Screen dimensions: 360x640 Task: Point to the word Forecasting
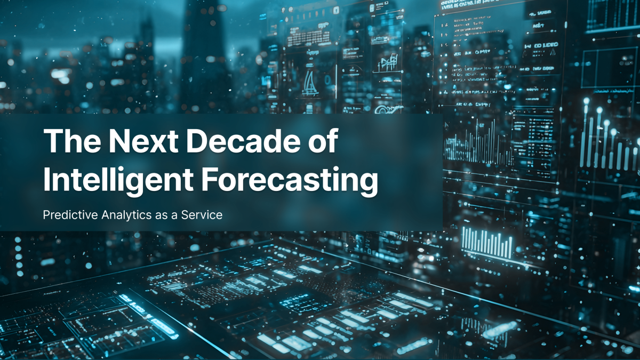pyautogui.click(x=289, y=180)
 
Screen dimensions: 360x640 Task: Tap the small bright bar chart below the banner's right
pyautogui.click(x=486, y=241)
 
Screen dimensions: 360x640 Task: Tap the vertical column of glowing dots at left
pyautogui.click(x=19, y=256)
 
